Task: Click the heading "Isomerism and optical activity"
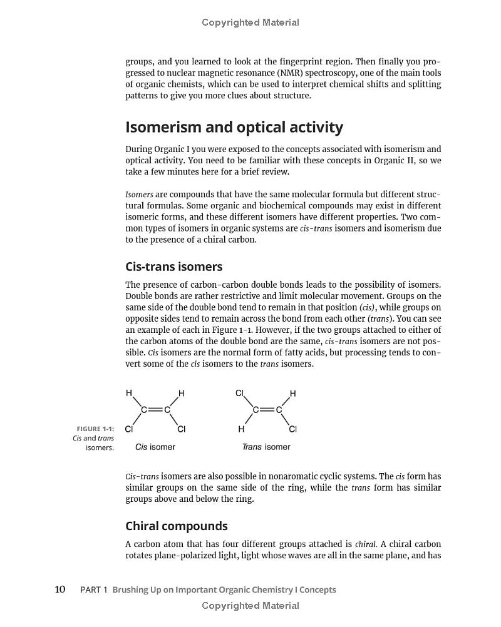coord(234,127)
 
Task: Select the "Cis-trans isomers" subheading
coord(174,267)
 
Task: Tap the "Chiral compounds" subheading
coord(177,526)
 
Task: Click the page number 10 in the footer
coord(60,589)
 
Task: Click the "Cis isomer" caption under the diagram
coord(155,447)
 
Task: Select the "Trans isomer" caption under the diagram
coord(266,447)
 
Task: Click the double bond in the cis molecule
coord(155,410)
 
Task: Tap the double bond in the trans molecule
coord(267,410)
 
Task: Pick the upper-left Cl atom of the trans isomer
coord(239,393)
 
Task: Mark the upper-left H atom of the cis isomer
coord(129,393)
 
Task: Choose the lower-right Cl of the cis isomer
coord(182,429)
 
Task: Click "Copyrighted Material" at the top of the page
coord(250,23)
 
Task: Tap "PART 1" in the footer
coord(94,589)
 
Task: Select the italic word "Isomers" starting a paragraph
coord(139,195)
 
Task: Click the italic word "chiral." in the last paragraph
coord(366,544)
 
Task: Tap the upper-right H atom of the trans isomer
coord(292,393)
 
